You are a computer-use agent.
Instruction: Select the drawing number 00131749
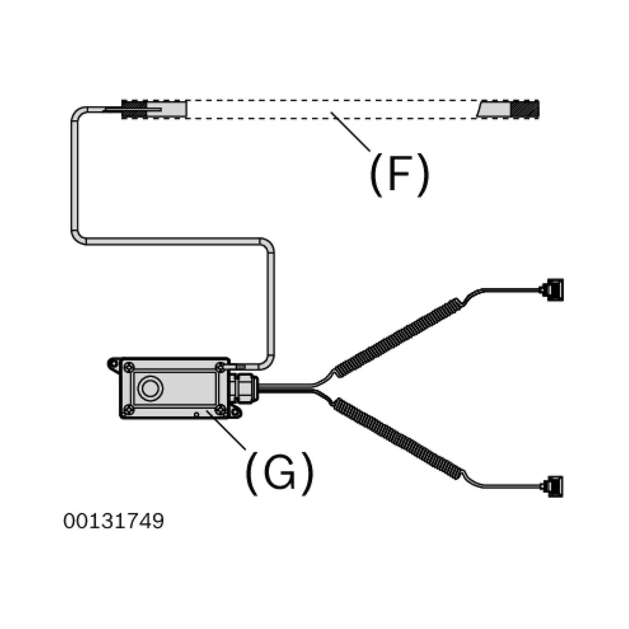point(114,521)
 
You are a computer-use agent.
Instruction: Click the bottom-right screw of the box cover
point(221,410)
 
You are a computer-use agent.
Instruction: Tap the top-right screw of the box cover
point(221,367)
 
